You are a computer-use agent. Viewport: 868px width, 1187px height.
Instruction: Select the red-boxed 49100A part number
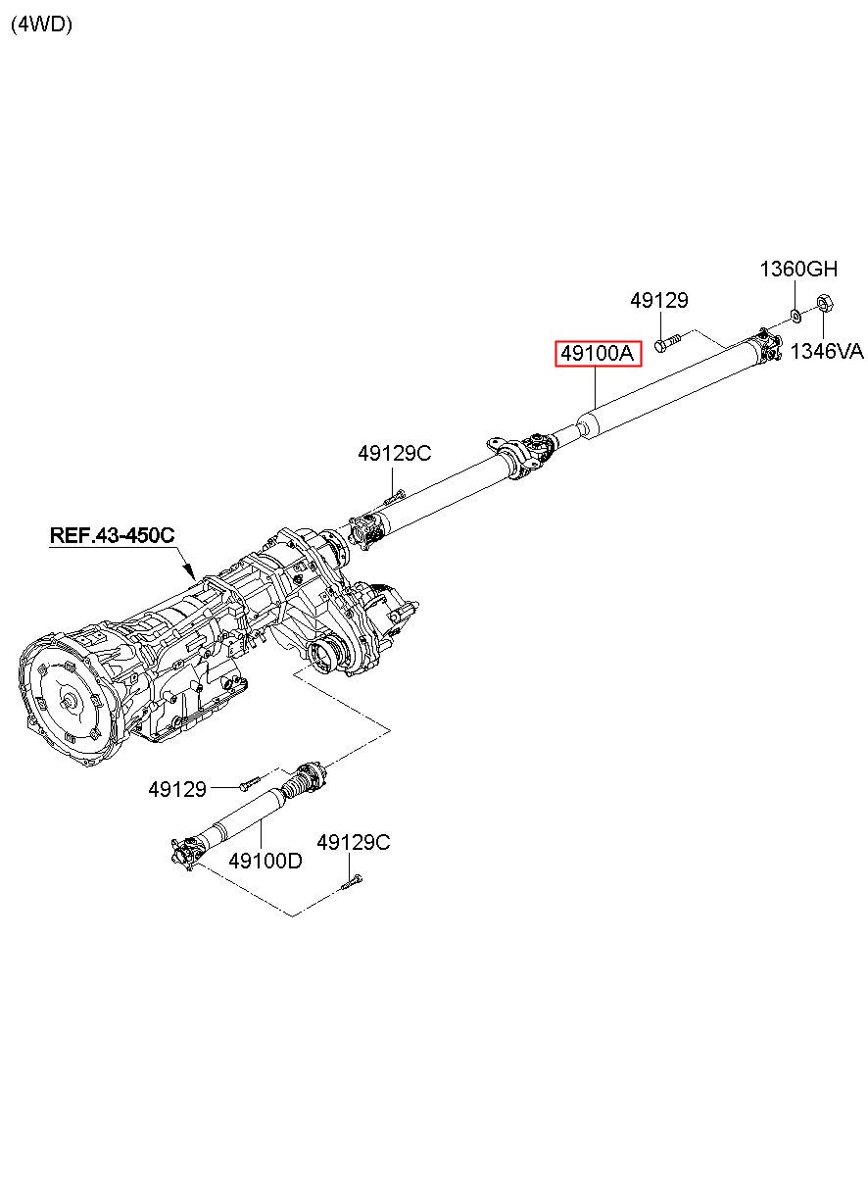tap(598, 353)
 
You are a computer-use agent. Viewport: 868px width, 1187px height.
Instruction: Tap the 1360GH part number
tap(799, 269)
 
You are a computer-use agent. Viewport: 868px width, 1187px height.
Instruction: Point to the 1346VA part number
tap(827, 352)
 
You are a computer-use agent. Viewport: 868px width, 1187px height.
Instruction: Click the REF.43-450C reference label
tap(113, 535)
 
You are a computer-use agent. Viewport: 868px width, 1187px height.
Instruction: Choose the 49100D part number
tap(265, 861)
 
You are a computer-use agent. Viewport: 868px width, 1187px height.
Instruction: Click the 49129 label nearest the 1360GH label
tap(659, 301)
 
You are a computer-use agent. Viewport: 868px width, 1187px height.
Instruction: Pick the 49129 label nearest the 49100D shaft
tap(177, 788)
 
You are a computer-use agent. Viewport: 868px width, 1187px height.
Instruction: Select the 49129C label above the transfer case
tap(394, 453)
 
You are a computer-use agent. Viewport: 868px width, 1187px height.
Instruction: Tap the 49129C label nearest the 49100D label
tap(353, 842)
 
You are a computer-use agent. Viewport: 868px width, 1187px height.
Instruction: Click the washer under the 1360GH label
tap(795, 315)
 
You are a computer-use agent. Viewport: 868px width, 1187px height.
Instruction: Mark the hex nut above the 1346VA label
tap(824, 304)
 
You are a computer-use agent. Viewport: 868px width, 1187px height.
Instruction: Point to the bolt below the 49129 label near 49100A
tap(664, 342)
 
